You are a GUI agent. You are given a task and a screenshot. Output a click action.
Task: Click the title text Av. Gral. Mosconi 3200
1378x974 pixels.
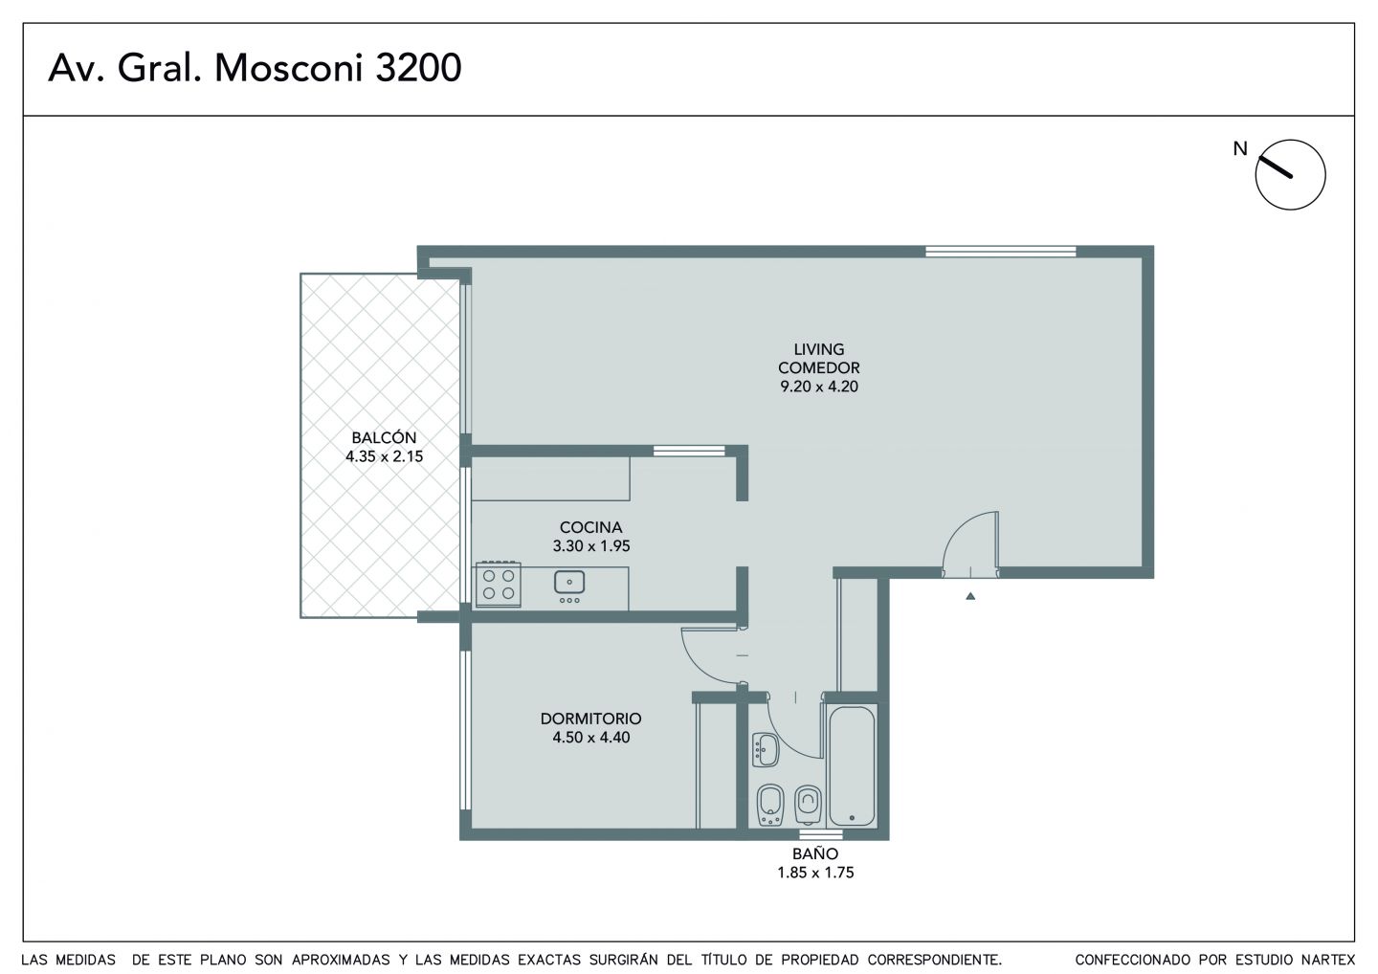click(255, 68)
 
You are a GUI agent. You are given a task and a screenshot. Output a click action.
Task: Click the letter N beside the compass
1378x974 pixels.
click(1240, 149)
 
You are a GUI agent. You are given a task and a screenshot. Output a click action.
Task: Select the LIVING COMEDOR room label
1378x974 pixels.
click(819, 359)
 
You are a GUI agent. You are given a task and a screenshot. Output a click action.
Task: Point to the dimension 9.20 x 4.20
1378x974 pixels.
click(819, 387)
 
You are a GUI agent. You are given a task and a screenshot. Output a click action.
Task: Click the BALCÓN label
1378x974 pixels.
click(384, 438)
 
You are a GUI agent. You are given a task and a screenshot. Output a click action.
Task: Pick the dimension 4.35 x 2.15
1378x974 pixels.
click(384, 457)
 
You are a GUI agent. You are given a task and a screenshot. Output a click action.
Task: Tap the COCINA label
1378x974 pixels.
click(590, 527)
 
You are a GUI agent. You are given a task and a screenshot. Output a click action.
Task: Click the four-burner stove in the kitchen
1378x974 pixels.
click(499, 585)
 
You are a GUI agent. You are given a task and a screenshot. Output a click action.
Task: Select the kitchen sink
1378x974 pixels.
click(569, 582)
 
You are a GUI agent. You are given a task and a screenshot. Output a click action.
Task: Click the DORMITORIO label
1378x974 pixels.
click(590, 719)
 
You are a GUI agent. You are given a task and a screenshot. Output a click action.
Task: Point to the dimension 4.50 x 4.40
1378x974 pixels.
click(590, 738)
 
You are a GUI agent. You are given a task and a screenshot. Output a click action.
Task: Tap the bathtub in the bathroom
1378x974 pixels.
click(852, 765)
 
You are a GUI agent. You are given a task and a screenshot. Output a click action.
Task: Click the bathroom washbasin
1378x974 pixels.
click(766, 750)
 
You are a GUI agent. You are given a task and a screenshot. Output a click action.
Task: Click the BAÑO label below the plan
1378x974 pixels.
click(815, 853)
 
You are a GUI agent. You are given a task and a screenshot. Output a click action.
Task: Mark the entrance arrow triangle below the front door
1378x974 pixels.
click(970, 596)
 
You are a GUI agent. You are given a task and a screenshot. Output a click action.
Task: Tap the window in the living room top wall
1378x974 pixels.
click(1000, 252)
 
